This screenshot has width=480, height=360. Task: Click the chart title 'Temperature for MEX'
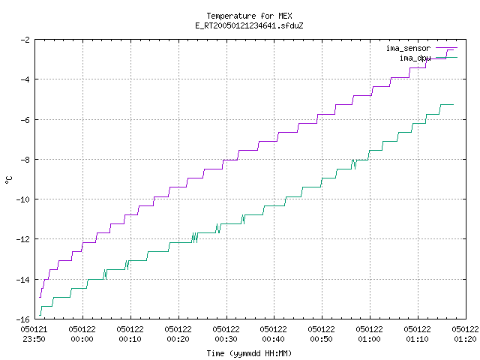(249, 16)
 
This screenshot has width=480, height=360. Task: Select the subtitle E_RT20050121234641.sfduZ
(249, 25)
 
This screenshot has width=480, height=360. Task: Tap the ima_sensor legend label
(408, 48)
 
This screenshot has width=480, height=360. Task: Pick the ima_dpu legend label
(415, 58)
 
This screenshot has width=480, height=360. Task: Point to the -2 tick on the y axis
(25, 40)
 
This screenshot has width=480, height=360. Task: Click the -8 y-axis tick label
(25, 160)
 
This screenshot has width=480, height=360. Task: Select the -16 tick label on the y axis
(23, 319)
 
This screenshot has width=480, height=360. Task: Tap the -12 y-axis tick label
(23, 239)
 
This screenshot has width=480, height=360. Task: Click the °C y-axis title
(8, 180)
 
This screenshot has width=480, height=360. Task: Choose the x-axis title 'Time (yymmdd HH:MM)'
(249, 353)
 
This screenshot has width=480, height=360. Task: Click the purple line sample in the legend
(447, 48)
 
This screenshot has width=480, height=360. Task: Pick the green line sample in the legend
(447, 57)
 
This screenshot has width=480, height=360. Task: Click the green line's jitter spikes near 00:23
(195, 238)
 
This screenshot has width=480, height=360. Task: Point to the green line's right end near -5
(453, 105)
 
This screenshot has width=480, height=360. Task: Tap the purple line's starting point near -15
(40, 297)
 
